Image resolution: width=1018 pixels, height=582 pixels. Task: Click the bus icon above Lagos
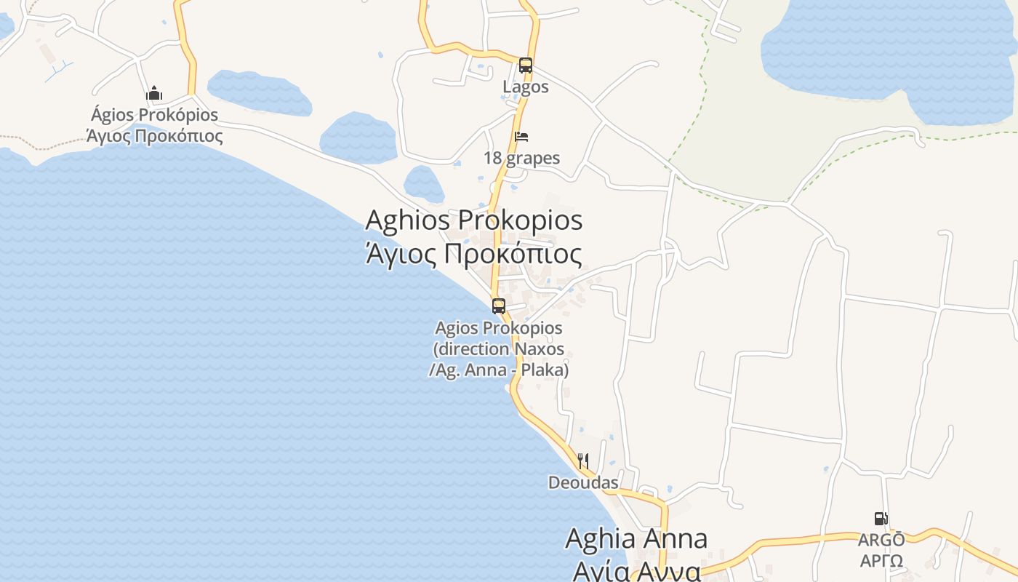pos(526,65)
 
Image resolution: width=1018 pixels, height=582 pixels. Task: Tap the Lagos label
pos(526,87)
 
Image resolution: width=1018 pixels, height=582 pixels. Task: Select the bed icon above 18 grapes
pos(521,137)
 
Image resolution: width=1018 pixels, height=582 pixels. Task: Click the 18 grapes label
pos(522,159)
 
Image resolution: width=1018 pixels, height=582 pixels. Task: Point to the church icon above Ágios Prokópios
pos(154,94)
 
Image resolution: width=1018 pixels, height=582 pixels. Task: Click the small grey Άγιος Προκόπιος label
pos(155,136)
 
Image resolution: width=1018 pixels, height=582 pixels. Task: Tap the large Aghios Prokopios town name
pos(474,220)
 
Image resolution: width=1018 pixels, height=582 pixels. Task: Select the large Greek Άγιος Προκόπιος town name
pos(474,255)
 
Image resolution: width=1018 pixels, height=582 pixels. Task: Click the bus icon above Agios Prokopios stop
pos(499,306)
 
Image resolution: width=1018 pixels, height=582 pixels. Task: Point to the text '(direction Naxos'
pos(499,349)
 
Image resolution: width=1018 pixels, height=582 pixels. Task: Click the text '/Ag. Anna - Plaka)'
pos(499,370)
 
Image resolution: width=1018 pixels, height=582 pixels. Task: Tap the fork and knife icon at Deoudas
pos(582,461)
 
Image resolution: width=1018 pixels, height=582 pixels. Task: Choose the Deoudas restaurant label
pos(583,483)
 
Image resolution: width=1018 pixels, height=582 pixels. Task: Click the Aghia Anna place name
pos(636,539)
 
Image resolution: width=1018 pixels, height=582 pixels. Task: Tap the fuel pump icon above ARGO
pos(881,519)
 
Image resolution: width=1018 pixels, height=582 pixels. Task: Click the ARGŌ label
pos(881,541)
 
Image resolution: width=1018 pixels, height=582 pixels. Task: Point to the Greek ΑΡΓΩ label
pos(881,562)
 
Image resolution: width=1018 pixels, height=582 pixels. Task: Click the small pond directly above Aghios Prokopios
pos(424,183)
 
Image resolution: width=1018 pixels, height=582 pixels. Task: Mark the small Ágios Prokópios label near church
pos(155,116)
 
